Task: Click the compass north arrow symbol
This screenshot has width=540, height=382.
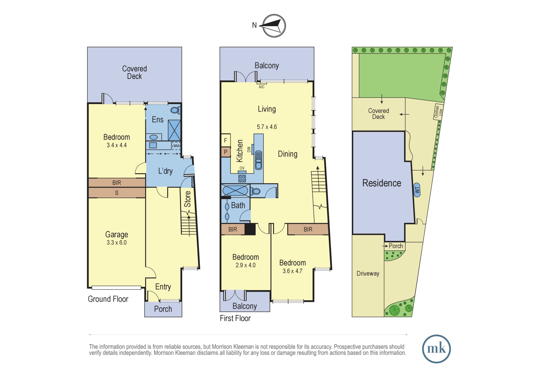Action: (x=274, y=26)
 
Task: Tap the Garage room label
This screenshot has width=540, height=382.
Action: (x=117, y=234)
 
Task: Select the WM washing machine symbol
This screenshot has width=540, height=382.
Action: (x=176, y=146)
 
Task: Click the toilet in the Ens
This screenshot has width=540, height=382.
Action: (x=175, y=110)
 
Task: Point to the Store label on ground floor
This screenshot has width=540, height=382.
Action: (x=187, y=199)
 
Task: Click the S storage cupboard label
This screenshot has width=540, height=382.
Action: (x=117, y=193)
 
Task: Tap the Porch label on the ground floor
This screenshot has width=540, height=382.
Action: (x=163, y=309)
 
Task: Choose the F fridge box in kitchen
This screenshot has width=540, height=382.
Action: (x=225, y=140)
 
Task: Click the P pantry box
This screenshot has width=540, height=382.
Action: (x=225, y=152)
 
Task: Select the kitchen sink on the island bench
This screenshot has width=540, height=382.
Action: (x=258, y=160)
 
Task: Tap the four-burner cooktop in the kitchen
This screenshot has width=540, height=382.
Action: (x=242, y=178)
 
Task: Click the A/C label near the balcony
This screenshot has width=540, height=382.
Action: (x=262, y=87)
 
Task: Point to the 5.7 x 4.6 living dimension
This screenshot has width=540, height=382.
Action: (x=267, y=127)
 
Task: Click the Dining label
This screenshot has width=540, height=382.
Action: (x=288, y=154)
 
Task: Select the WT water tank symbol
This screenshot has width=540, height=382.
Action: (x=417, y=190)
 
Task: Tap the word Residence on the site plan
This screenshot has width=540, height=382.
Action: (x=382, y=183)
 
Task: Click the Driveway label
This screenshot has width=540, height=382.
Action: (x=368, y=273)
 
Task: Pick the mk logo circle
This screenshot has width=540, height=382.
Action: (x=436, y=349)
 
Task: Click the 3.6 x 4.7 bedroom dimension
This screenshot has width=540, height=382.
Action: (x=292, y=271)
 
